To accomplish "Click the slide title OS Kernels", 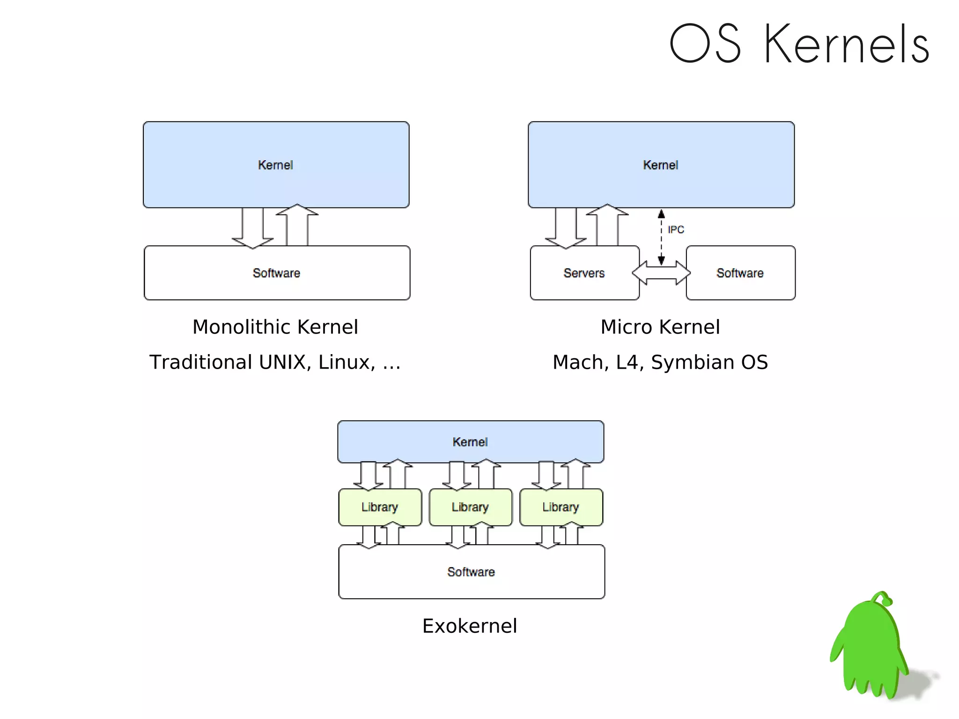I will pos(799,44).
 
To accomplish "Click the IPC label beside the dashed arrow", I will pos(676,230).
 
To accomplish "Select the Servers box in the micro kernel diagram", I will pos(584,273).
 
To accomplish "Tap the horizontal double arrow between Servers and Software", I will pos(661,273).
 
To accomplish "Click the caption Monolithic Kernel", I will pos(275,327).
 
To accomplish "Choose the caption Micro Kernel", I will pos(660,327).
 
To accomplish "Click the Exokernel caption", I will pos(470,626).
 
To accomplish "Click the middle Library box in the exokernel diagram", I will pos(470,507).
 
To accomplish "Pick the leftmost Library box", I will pos(380,507).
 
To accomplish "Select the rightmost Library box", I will pos(561,507).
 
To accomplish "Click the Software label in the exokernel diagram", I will pos(471,572).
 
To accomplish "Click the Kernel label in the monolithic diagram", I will pos(275,165).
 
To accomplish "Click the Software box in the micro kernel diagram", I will pos(740,273).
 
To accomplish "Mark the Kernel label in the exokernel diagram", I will pos(470,442).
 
